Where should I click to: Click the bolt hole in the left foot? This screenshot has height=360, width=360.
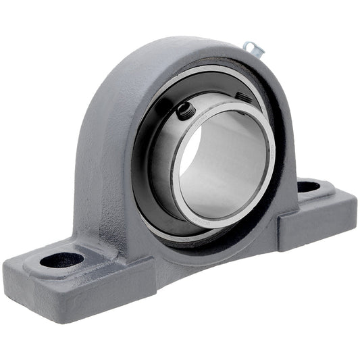(x=61, y=259)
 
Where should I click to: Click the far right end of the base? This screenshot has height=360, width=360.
(x=354, y=206)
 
